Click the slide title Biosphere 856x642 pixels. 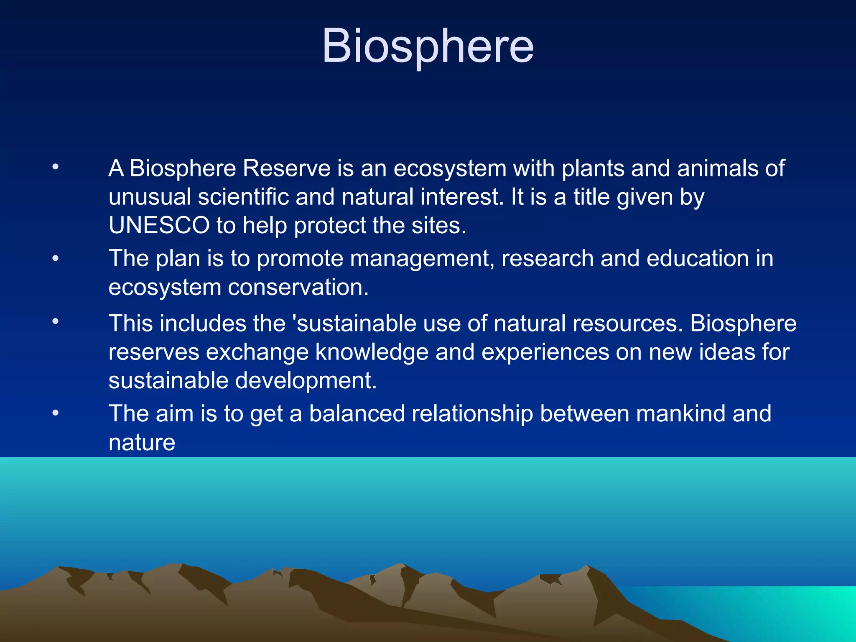[428, 46]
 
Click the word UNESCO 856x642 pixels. [159, 225]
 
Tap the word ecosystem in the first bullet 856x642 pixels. [450, 169]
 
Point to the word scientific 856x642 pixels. [243, 197]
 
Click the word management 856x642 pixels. [422, 259]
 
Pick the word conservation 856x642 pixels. [298, 288]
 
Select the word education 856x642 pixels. [697, 258]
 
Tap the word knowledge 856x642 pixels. [372, 352]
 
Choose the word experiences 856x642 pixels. [545, 352]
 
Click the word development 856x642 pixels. [306, 381]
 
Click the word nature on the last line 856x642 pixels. [142, 443]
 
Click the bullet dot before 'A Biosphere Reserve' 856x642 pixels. [56, 168]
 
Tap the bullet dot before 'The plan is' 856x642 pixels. [56, 259]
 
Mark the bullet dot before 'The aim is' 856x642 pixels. [56, 413]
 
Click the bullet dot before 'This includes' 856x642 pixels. [56, 321]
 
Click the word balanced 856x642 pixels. [357, 414]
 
